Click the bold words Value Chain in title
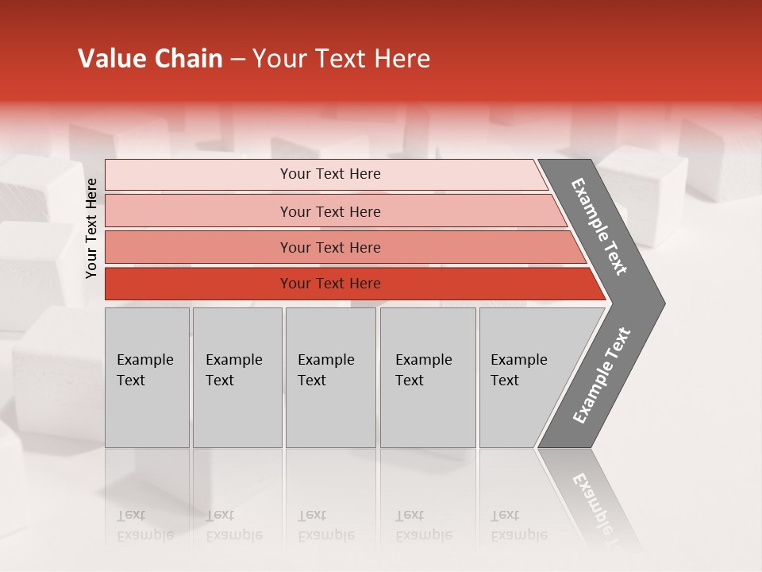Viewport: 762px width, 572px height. point(150,59)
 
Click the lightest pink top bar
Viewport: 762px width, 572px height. point(198,175)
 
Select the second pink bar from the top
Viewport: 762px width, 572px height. point(198,211)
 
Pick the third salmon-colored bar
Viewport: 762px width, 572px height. point(198,247)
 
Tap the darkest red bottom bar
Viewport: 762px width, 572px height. point(198,284)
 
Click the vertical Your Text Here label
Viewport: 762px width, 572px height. point(91,228)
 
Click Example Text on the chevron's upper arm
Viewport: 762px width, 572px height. point(599,226)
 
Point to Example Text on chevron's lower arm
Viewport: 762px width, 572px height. point(602,375)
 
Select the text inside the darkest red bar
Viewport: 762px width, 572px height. point(330,284)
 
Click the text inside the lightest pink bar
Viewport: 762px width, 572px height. point(330,174)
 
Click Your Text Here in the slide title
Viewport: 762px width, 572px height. point(341,59)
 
